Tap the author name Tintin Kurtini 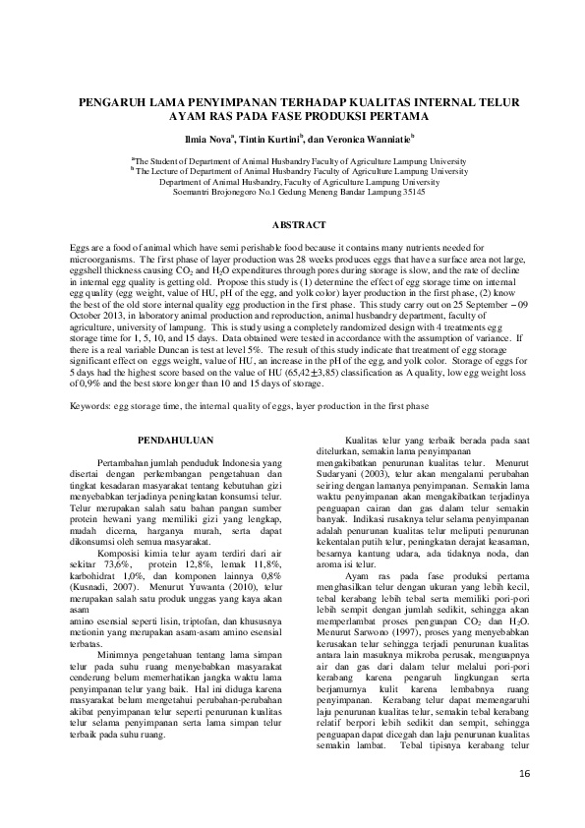click(270, 139)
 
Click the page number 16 click(523, 776)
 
